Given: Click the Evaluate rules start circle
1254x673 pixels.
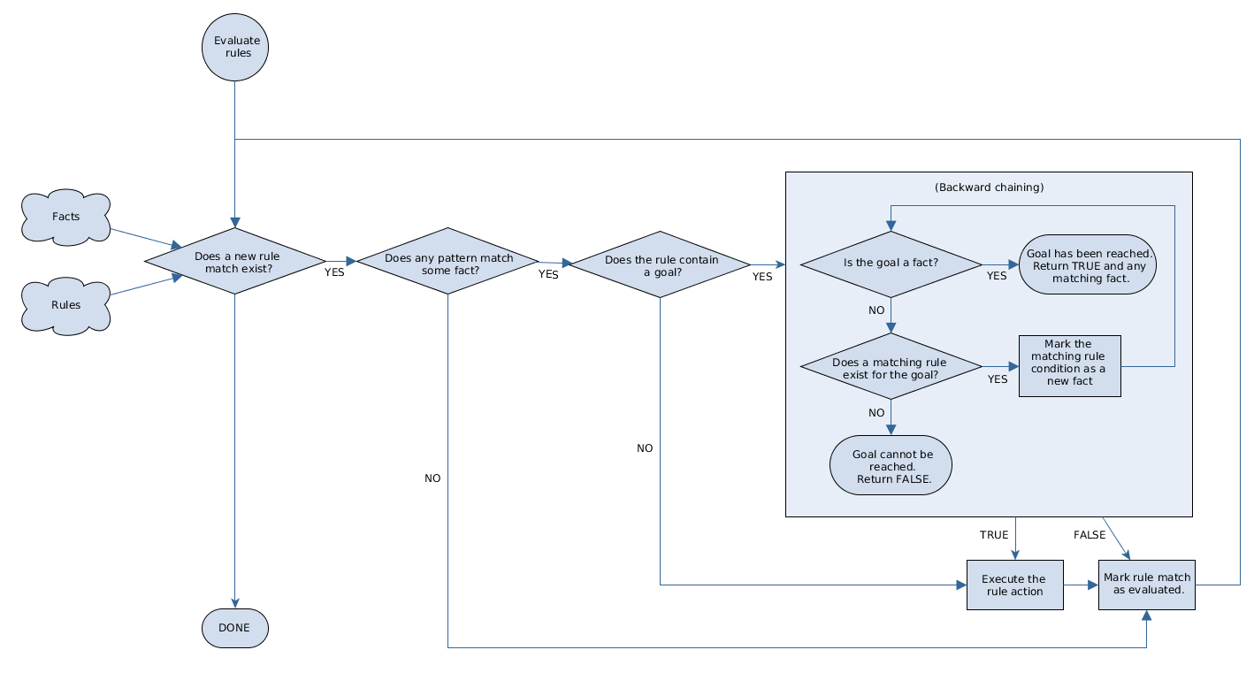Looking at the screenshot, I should coord(234,47).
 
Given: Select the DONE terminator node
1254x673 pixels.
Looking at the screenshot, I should coord(234,629).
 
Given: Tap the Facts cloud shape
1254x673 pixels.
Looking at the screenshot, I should coord(66,217).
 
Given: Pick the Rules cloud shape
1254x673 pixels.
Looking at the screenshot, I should coord(66,305).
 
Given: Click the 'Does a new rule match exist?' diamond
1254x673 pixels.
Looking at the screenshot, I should coord(234,262).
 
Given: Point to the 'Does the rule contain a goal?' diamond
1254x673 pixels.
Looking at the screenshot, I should coord(661,264).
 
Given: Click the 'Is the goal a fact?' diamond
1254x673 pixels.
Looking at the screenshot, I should coord(891,264).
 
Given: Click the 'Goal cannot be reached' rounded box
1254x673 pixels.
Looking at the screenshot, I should coord(891,465).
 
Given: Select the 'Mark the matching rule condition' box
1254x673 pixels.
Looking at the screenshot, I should coord(1069,365).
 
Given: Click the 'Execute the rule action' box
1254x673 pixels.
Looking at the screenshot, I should coord(1015,585).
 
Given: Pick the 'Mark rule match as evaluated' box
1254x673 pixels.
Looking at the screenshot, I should coord(1147,584).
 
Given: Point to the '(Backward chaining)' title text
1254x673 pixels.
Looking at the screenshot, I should coord(989,187).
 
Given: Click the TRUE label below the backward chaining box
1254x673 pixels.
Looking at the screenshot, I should coord(994,535).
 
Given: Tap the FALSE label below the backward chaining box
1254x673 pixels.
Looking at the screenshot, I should coord(1090,535).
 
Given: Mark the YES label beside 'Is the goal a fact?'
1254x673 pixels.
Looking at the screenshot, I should coord(997,276).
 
